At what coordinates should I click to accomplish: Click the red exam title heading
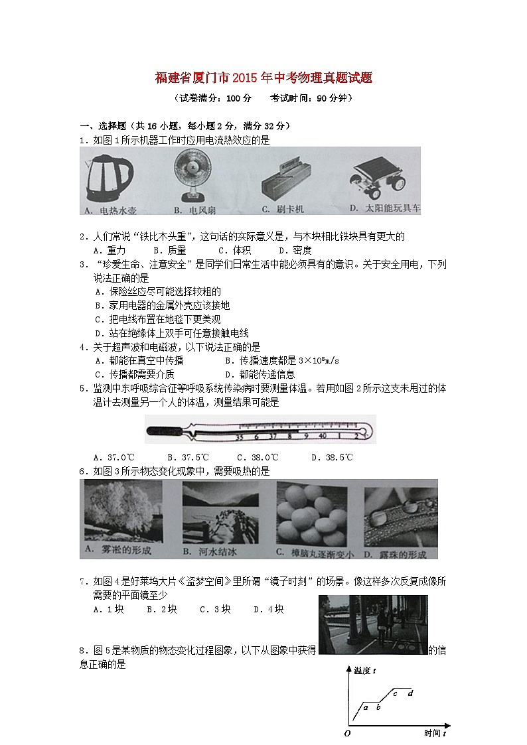[263, 79]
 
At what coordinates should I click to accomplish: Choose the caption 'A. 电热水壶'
[110, 210]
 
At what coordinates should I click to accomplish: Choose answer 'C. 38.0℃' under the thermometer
[258, 457]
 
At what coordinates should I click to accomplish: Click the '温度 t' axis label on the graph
[364, 671]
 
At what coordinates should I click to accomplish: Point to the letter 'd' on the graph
[411, 693]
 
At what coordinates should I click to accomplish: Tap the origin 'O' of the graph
[347, 732]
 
